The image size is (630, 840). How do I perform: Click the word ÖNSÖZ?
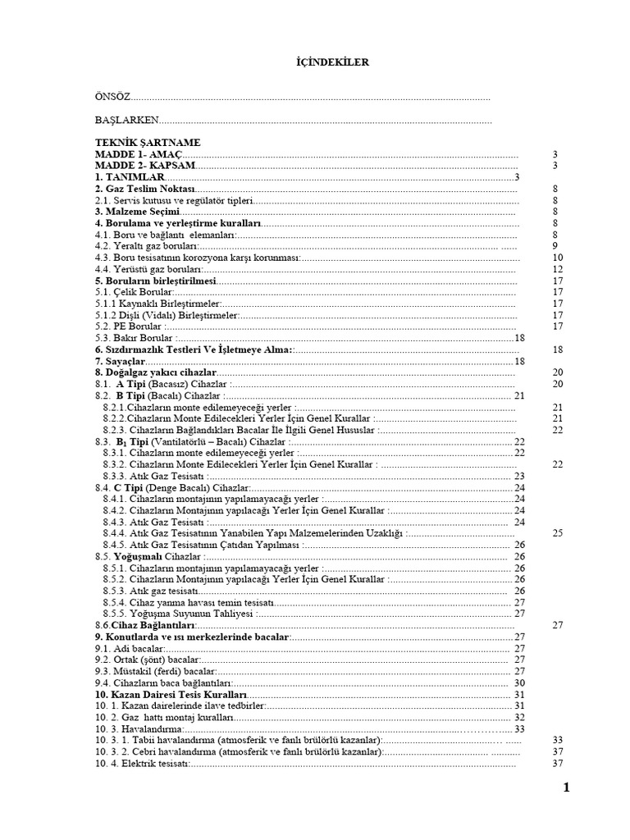113,98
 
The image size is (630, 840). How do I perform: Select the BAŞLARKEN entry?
126,120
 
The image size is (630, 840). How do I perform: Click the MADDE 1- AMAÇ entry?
139,153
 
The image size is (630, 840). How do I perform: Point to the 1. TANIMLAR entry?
130,176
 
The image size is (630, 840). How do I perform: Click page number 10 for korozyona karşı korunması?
557,257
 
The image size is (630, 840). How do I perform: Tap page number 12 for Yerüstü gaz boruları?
557,268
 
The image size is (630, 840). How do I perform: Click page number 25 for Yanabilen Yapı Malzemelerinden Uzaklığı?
557,532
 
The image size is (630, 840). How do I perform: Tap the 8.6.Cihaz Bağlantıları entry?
139,624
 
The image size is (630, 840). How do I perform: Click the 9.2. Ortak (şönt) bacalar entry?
148,659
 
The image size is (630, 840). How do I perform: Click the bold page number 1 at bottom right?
565,788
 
